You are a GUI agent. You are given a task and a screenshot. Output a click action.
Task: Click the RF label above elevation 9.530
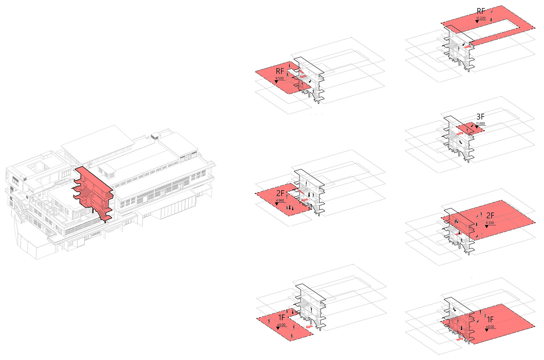pos(280,71)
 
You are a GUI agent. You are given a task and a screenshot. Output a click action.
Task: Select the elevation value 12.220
pos(481,18)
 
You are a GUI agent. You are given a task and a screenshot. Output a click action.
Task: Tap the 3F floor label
pos(480,117)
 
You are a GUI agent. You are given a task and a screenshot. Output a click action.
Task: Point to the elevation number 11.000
pos(480,124)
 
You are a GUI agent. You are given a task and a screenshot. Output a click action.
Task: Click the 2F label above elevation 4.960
pos(280,193)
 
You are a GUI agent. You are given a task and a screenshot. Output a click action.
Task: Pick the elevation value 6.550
pos(490,223)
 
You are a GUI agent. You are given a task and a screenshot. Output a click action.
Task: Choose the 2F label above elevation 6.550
pos(490,215)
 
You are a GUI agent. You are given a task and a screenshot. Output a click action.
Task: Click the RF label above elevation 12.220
pos(481,11)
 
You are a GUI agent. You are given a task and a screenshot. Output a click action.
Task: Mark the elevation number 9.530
pos(280,78)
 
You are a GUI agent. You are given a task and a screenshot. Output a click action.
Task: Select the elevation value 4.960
pos(280,200)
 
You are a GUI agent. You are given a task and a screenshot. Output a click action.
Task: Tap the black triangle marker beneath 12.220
pos(477,22)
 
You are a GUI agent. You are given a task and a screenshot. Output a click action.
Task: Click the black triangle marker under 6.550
pos(487,226)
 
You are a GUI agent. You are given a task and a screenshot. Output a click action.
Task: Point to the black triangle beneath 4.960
pos(276,204)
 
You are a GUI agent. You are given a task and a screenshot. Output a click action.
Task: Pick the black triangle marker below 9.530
pos(276,82)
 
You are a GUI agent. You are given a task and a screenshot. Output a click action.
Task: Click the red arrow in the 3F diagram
pos(460,134)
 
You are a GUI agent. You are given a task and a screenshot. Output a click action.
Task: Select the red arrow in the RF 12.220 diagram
pos(468,46)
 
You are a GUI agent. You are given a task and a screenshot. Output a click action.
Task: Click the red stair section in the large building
pos(93,193)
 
